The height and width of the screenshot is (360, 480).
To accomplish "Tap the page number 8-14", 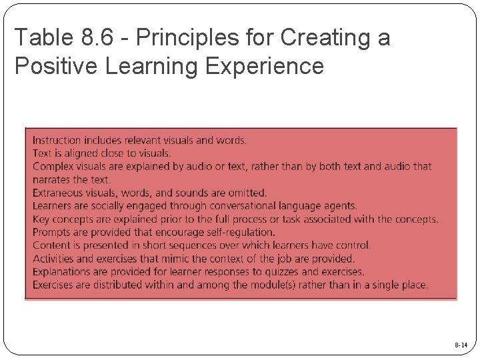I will click(461, 345).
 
